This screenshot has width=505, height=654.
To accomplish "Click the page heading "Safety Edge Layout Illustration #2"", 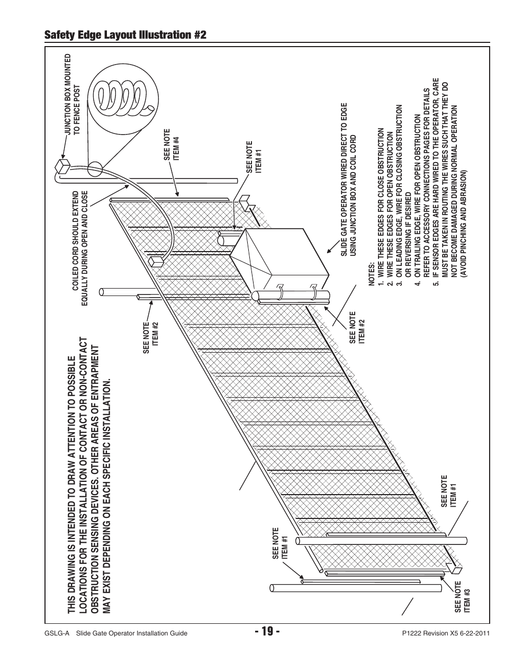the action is pos(125,34).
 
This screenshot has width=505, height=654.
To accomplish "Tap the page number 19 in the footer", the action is pos(267,631).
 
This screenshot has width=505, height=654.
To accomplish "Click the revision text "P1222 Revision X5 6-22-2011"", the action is pos(446,633).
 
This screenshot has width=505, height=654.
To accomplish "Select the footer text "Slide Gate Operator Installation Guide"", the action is pos(132,633).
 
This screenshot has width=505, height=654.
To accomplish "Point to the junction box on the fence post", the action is pos(62,166).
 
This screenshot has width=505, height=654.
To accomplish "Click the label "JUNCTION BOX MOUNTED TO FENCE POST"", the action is pos(73,94).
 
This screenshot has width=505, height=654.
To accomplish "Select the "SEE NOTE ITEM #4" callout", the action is pos(172,145).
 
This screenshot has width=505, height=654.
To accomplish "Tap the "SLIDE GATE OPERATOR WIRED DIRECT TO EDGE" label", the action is pos(344,180).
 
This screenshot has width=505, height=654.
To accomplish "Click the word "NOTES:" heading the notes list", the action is pos(372,274).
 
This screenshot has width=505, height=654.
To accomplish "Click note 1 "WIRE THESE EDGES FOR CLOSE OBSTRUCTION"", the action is pos(381,207).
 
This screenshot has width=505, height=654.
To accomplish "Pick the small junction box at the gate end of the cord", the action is pos(156,261).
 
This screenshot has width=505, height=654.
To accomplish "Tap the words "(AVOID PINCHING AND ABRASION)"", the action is pos(463,224).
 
